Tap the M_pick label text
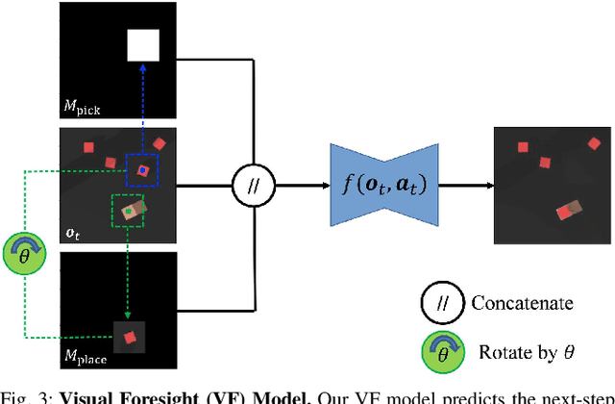tap(83, 108)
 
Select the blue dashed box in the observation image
tap(142, 171)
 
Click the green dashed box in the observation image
tap(127, 210)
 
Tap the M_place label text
tap(86, 359)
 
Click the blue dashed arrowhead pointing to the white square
tap(142, 67)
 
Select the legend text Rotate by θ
tap(529, 352)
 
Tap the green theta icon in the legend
tap(444, 351)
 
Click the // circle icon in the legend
tap(444, 303)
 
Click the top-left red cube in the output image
tap(524, 147)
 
